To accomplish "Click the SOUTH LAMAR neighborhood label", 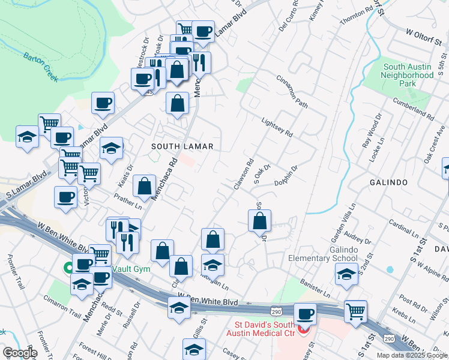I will [x=182, y=146].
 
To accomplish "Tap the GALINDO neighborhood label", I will [x=389, y=182].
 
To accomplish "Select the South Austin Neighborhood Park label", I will [x=408, y=76].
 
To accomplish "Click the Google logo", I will [x=19, y=353].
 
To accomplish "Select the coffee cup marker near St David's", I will [x=305, y=314].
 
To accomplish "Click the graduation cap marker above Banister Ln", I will [x=346, y=274].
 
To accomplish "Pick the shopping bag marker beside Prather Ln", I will [x=144, y=187].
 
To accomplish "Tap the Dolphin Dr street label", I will [x=286, y=176].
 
